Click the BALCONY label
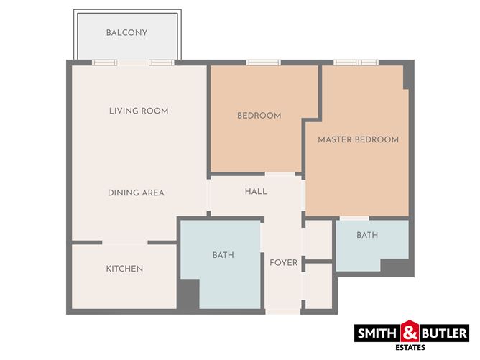(x=126, y=33)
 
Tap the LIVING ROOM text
(x=139, y=111)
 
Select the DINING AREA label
(x=136, y=193)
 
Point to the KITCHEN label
(x=124, y=269)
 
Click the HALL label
(x=256, y=192)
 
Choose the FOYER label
(x=283, y=263)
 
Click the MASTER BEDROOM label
(x=358, y=139)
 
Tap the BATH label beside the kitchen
(x=223, y=255)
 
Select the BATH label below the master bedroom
(x=367, y=235)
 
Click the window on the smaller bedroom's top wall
(x=263, y=63)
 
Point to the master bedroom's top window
(x=356, y=63)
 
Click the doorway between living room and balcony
(x=133, y=63)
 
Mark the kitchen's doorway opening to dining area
(x=125, y=243)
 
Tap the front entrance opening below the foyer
(x=283, y=312)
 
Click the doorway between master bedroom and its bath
(x=354, y=218)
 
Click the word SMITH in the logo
(x=377, y=333)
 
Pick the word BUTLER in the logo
(x=444, y=333)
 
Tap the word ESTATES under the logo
(x=410, y=348)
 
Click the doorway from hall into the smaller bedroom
(x=280, y=174)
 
